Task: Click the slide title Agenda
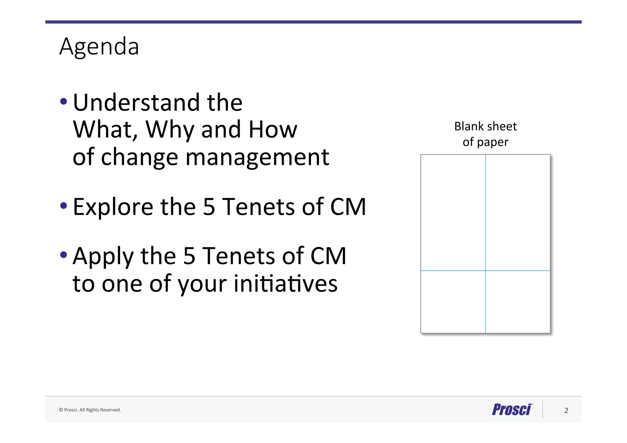(x=99, y=47)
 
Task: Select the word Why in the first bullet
(x=170, y=130)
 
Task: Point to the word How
(x=273, y=130)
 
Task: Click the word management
(x=257, y=157)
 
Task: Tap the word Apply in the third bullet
(x=103, y=257)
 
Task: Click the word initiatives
(x=286, y=283)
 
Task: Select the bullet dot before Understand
(x=64, y=101)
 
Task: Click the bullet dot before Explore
(x=64, y=205)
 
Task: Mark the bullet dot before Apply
(x=64, y=254)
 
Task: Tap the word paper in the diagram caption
(x=493, y=142)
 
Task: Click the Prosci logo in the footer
(x=512, y=410)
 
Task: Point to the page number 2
(x=566, y=411)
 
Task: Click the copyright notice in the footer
(x=90, y=410)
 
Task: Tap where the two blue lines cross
(x=485, y=271)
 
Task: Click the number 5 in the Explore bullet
(x=209, y=207)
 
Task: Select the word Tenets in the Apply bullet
(x=238, y=256)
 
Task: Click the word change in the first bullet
(x=139, y=157)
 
